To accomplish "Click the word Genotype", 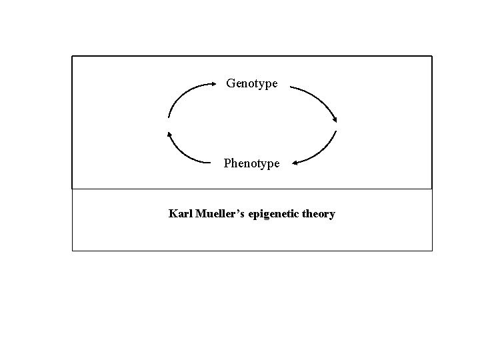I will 252,83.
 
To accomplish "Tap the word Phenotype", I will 252,163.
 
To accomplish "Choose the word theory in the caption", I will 319,215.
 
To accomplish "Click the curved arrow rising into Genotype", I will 183,93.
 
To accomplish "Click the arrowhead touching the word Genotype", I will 213,84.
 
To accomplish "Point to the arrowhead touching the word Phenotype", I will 295,162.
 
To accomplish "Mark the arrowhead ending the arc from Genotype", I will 335,119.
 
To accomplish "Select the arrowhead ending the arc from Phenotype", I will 169,133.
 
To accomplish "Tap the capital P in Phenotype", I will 227,163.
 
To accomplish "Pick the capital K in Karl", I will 173,214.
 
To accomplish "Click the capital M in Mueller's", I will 197,214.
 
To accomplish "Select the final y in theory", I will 332,216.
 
